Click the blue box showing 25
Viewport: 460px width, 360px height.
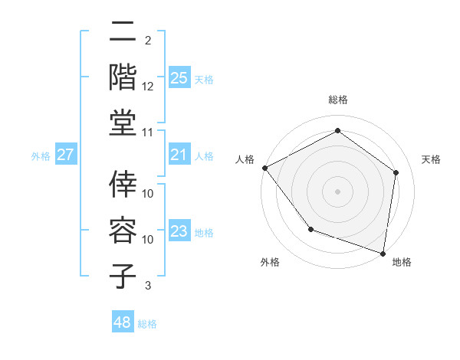click(179, 77)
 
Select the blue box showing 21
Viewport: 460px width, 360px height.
click(179, 155)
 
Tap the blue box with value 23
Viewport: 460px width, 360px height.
click(179, 232)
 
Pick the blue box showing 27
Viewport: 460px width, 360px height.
click(66, 155)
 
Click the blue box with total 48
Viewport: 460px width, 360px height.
click(123, 322)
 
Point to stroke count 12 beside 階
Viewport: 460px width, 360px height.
click(148, 87)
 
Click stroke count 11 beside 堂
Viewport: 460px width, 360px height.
click(148, 133)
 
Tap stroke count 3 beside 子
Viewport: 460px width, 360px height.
click(148, 286)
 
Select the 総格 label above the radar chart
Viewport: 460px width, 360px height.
click(337, 100)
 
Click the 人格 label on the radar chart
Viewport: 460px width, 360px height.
click(245, 159)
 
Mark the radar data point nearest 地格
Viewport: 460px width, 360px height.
click(383, 253)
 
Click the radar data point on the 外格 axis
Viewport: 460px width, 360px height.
click(310, 229)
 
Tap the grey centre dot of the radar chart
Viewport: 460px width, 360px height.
click(337, 191)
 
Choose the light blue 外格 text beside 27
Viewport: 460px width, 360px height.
click(41, 156)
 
